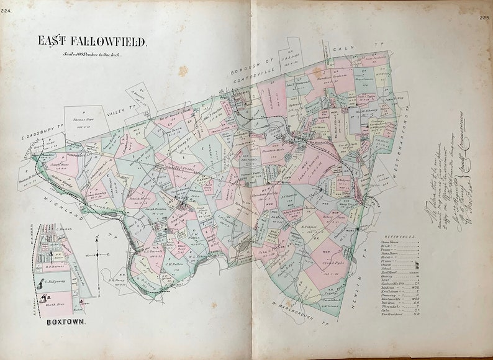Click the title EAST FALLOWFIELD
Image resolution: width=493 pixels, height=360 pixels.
click(x=93, y=42)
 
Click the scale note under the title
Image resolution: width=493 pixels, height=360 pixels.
click(x=93, y=55)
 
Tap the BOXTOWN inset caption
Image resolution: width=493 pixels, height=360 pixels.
click(x=65, y=323)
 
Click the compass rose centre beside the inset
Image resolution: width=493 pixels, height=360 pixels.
click(x=97, y=254)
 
